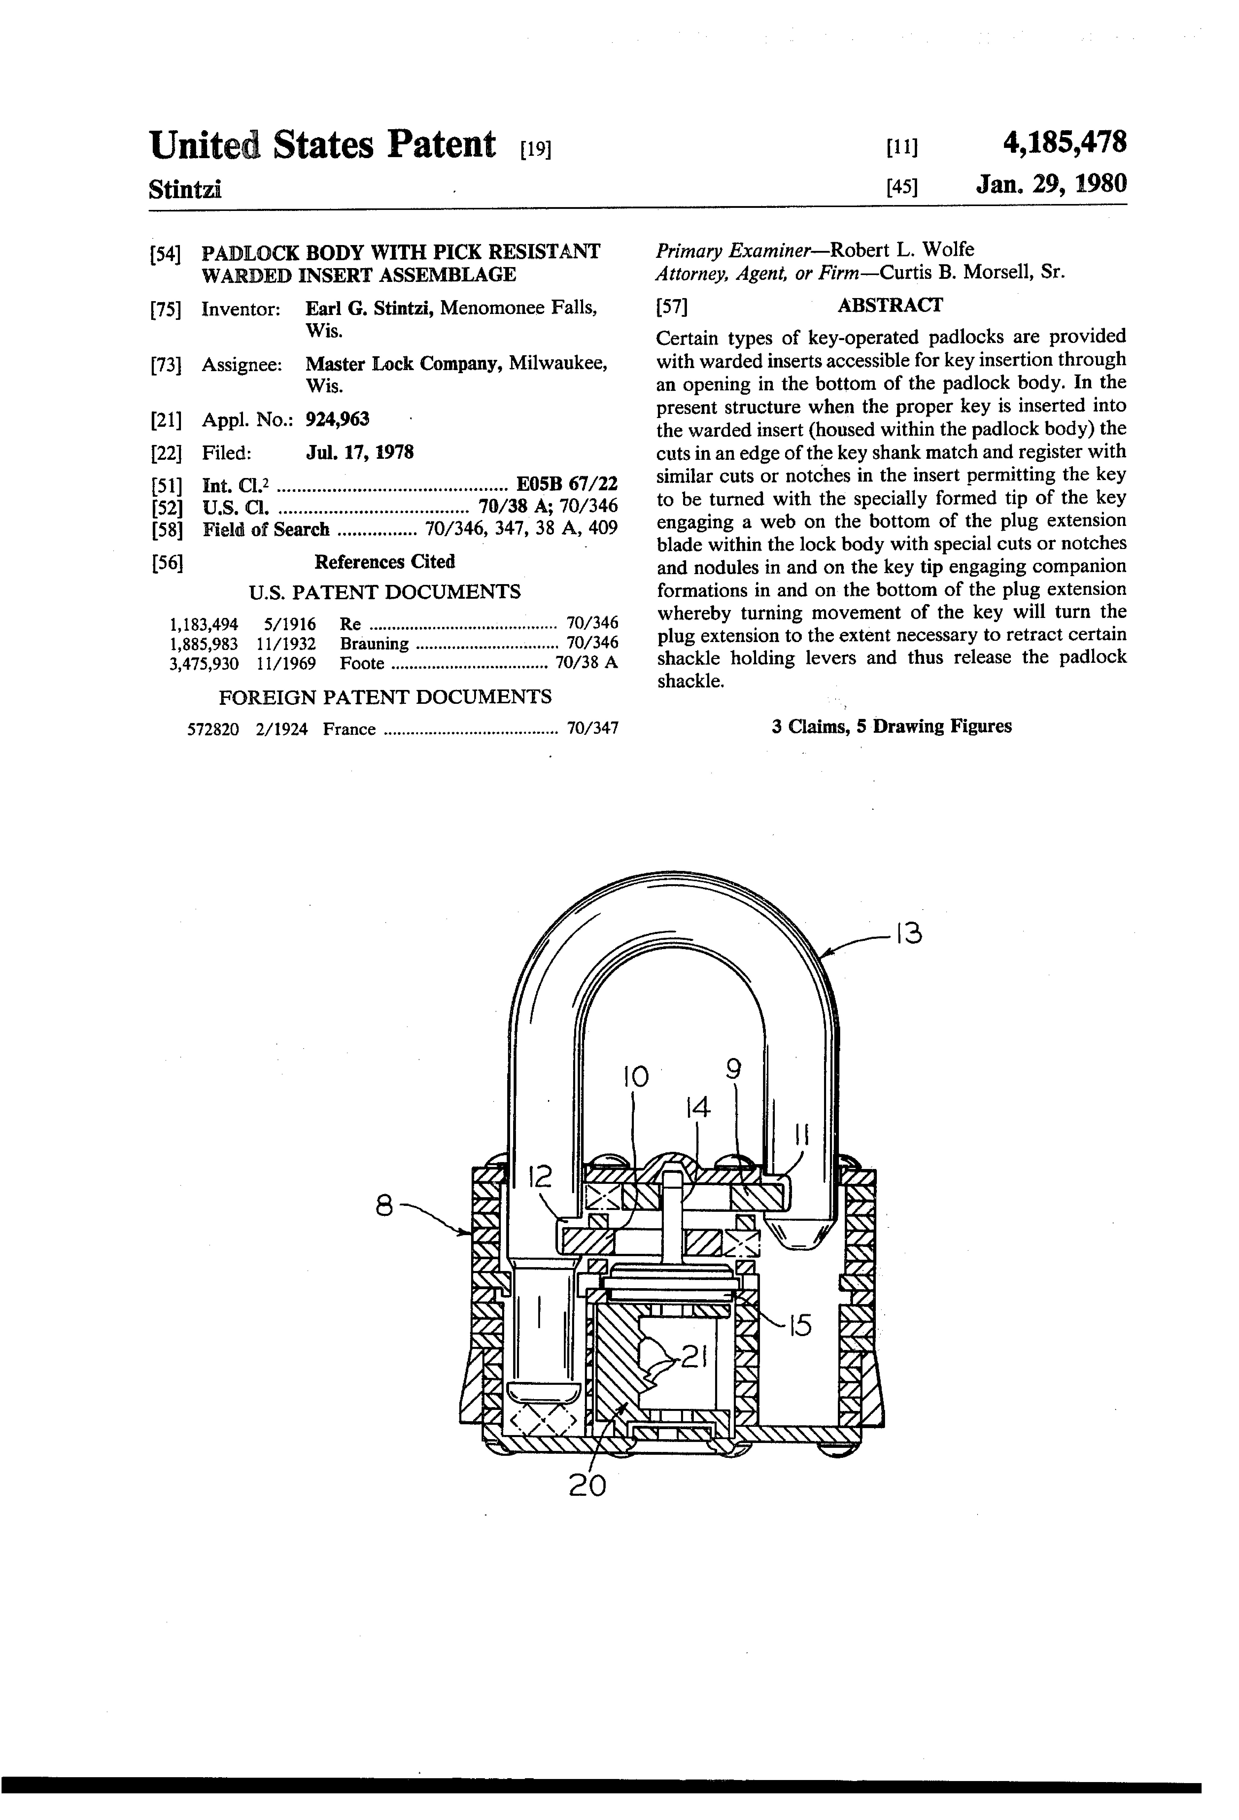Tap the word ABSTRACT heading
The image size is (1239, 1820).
point(890,305)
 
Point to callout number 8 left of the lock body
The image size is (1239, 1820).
point(383,1207)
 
